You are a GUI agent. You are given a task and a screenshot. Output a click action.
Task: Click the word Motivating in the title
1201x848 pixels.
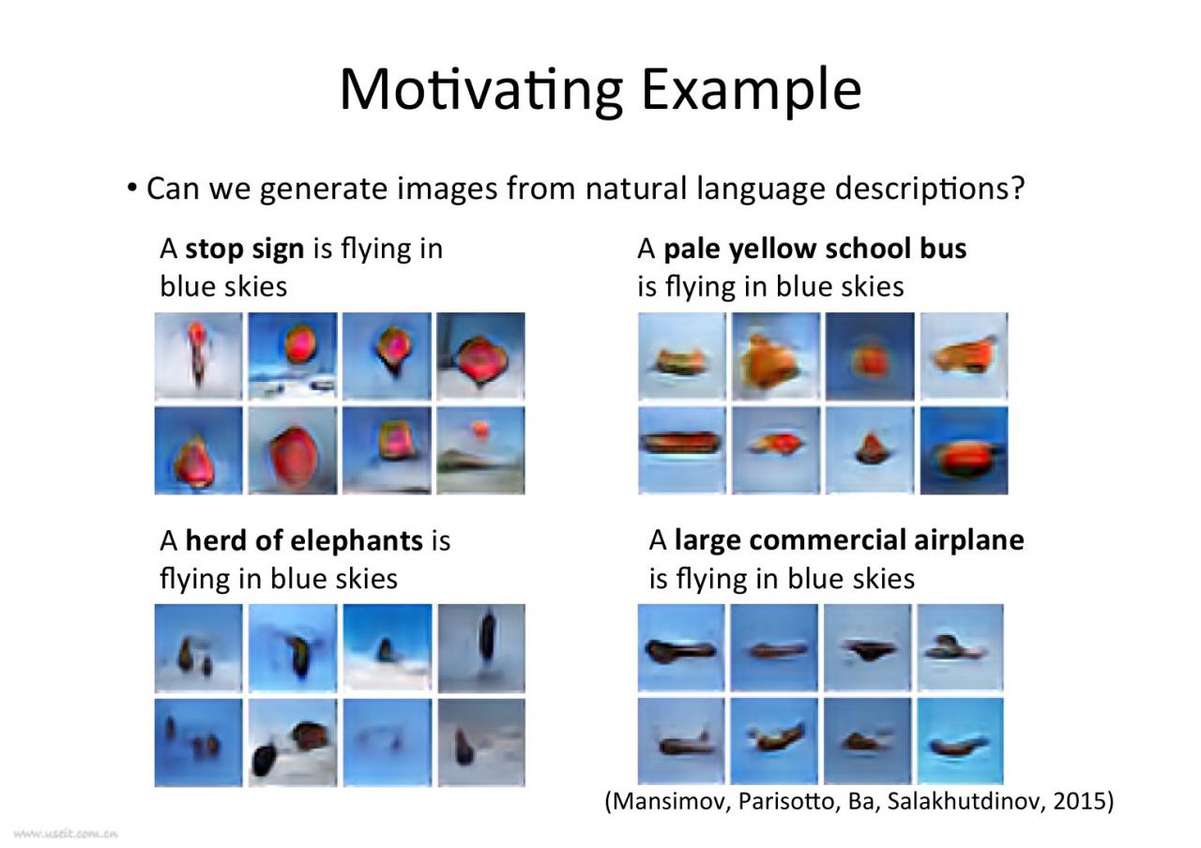click(x=482, y=91)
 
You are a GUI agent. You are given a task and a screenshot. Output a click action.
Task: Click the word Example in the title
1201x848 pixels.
click(x=752, y=91)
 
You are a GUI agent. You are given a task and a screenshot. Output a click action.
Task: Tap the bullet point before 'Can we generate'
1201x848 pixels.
click(x=132, y=189)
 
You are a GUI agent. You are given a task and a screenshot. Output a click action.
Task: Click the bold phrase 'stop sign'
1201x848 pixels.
click(x=245, y=250)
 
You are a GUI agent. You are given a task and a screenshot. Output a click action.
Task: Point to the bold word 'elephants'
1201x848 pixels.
click(x=357, y=540)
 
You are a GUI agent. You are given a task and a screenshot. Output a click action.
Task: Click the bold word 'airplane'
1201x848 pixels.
click(x=969, y=540)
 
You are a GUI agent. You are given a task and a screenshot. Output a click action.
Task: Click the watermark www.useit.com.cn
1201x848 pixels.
click(x=66, y=834)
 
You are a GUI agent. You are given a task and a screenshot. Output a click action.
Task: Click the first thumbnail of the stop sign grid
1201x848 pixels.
click(x=198, y=356)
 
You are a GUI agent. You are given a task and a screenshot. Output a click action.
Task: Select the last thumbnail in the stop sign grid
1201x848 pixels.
click(x=481, y=450)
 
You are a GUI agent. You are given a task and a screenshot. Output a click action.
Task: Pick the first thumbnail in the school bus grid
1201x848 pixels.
click(x=682, y=356)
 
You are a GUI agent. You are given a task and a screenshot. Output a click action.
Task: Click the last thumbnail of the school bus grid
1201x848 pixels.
click(x=964, y=450)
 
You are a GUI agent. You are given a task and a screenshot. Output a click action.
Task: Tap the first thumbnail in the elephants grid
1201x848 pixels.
click(x=198, y=648)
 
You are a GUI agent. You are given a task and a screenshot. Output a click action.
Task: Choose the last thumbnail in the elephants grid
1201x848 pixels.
click(x=481, y=742)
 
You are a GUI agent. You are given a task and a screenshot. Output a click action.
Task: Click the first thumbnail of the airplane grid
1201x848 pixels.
click(x=681, y=647)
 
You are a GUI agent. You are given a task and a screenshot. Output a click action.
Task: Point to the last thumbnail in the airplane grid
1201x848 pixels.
click(x=960, y=741)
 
